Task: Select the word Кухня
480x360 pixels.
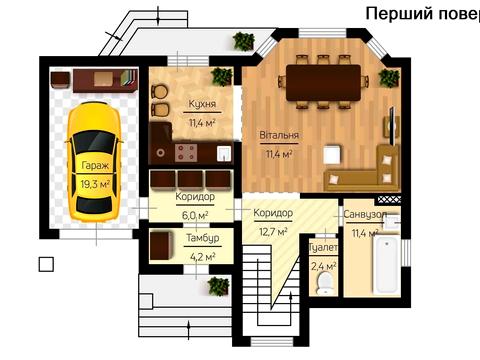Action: (x=204, y=104)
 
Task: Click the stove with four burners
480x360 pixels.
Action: (x=187, y=151)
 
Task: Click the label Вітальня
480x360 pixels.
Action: (x=280, y=135)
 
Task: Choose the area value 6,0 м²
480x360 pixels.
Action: (x=194, y=214)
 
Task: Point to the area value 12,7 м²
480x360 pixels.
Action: (x=273, y=232)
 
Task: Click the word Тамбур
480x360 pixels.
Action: (x=203, y=238)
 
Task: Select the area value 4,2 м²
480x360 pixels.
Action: (x=203, y=255)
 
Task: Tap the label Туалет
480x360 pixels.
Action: (x=324, y=247)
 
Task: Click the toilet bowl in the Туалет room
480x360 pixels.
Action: (x=323, y=285)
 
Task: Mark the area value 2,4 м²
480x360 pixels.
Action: (x=324, y=266)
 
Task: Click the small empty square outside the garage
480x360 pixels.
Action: (x=45, y=264)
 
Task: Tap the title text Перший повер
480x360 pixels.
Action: (x=421, y=14)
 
